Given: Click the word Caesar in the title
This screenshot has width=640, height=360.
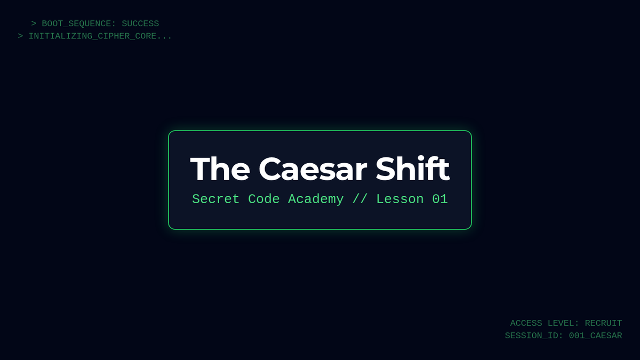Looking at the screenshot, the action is point(313,169).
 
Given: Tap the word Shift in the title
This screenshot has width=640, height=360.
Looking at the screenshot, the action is point(413,169).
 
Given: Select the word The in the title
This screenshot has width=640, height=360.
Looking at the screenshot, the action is point(220,169).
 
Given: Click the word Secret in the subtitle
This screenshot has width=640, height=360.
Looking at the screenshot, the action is point(215,199).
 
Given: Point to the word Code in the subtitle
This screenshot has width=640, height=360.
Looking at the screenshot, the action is point(263,199).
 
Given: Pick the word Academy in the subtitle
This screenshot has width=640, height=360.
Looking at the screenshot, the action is point(316,199).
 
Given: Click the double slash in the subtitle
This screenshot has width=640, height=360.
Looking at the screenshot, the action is point(360,199).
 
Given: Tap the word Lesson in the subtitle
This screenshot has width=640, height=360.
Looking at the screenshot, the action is point(400,199).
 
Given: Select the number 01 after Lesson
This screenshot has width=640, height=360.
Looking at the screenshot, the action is point(439,199).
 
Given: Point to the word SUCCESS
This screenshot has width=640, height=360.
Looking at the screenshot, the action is point(140,23).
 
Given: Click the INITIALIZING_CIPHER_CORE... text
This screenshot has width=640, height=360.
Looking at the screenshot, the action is point(100,36).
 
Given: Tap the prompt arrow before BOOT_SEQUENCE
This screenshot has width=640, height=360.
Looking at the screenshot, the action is point(34,23).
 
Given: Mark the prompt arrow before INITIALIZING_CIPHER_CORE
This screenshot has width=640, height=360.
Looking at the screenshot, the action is point(20,36).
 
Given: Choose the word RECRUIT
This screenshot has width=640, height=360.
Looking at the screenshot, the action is point(603,323).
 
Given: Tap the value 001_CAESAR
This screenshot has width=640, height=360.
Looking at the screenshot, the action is point(595,335).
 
